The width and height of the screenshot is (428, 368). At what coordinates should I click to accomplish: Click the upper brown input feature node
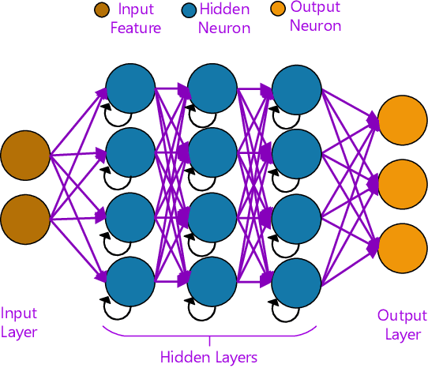25,156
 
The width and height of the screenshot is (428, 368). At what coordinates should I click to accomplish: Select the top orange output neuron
403,121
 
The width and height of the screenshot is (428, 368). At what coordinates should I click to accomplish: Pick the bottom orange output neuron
403,247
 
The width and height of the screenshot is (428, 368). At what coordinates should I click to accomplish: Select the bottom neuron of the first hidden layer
130,280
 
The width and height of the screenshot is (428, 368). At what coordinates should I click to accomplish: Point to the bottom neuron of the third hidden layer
296,280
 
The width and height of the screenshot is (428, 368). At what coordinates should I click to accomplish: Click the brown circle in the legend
102,11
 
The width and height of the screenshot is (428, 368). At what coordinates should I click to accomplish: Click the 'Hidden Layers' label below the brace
208,357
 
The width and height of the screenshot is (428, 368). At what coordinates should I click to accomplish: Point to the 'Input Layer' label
19,322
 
